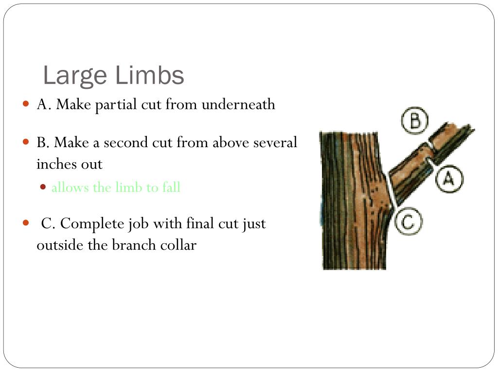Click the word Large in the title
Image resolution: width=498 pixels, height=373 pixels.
pos(75,76)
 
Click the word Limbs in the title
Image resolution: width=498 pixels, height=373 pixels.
pos(149,75)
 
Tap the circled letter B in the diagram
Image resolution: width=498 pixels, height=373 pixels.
pos(415,120)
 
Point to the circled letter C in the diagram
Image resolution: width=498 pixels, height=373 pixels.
pos(409,221)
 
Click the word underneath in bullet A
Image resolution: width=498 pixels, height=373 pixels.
pos(238,104)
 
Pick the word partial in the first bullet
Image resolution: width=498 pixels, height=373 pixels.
pos(116,105)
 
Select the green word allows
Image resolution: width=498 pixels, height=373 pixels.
pos(70,187)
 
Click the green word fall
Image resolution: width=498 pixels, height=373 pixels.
pos(172,187)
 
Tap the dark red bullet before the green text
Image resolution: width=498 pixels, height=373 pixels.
pos(43,187)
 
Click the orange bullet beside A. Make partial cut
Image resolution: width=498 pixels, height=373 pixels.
pos(26,104)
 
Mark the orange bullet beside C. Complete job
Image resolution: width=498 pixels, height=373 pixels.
pos(26,223)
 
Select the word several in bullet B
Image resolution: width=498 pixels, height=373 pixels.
pos(275,142)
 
